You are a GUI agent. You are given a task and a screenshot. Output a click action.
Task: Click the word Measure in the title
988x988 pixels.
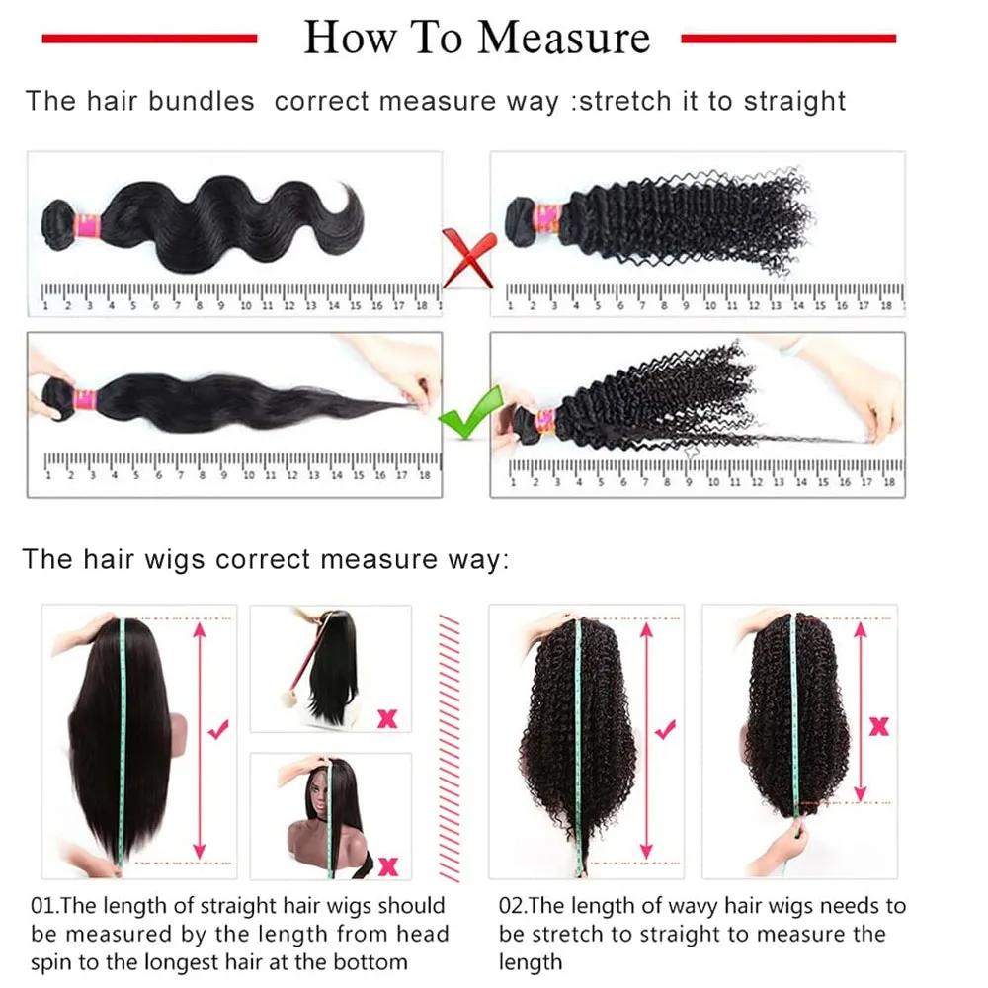(x=564, y=38)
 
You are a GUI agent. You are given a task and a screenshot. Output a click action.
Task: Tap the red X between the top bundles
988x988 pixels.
(x=467, y=255)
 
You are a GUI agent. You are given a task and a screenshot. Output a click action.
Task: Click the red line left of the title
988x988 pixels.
(x=149, y=39)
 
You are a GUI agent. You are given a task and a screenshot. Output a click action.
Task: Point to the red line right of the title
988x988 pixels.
(x=788, y=39)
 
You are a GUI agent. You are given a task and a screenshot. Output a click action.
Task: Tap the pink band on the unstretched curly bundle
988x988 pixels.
(x=546, y=219)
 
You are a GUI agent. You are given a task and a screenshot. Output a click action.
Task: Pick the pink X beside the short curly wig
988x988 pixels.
(x=877, y=727)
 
